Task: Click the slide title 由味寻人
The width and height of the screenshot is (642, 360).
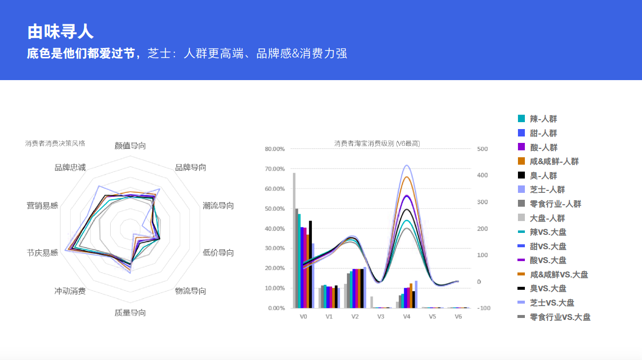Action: click(60, 32)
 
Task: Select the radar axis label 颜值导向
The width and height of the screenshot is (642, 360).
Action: click(130, 146)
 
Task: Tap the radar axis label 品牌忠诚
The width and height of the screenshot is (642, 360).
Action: click(70, 168)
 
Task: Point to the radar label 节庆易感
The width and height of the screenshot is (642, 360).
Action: click(42, 253)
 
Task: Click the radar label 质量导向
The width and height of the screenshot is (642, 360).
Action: click(130, 313)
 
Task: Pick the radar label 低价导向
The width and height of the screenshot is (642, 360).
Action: click(218, 253)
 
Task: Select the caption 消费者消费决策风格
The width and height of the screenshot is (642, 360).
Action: click(55, 143)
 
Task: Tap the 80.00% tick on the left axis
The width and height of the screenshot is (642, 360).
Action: click(275, 149)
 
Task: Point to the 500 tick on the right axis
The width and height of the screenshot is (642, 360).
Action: click(482, 149)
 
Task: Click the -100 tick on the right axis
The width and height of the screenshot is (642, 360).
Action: click(484, 308)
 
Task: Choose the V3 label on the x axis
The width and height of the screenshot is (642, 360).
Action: click(381, 316)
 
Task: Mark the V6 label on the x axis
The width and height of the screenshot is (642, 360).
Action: click(458, 316)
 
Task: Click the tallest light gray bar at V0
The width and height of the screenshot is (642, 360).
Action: click(294, 240)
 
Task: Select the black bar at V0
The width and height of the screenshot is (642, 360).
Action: click(310, 265)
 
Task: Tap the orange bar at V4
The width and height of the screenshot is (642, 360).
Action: click(411, 296)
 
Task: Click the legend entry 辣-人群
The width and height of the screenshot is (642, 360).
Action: click(537, 119)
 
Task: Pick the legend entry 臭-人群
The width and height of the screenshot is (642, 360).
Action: click(537, 175)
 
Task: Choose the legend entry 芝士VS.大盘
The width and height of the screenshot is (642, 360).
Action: click(546, 303)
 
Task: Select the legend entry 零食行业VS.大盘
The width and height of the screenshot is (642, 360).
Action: click(554, 317)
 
